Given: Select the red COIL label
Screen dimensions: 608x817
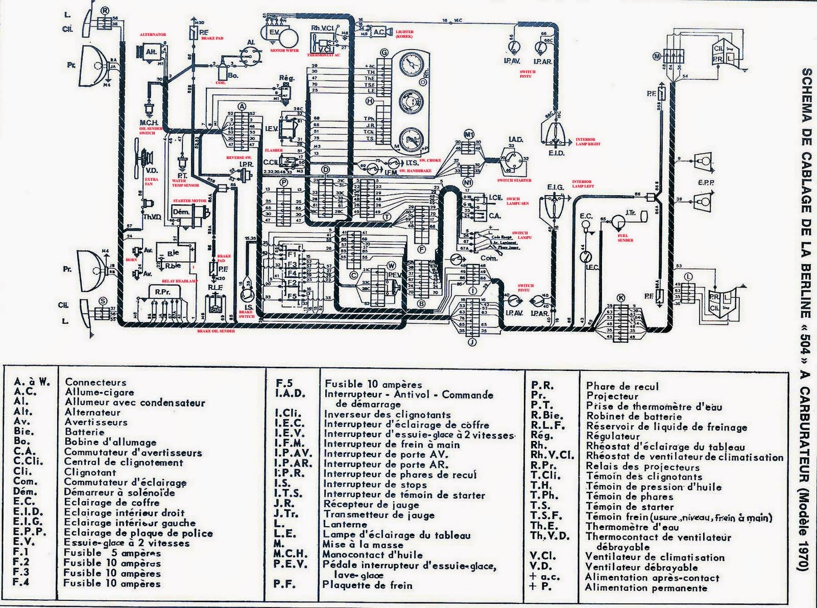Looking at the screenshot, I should point(221,82).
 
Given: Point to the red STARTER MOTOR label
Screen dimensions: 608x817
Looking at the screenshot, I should point(189,201).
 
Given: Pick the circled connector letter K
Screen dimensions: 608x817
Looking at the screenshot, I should point(621,298).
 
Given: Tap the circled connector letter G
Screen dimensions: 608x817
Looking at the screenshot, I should point(384,53).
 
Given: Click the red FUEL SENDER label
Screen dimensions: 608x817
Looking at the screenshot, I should point(626,238).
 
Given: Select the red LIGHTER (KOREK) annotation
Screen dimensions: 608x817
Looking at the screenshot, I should point(404,34).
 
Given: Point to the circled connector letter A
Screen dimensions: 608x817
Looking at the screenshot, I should point(242,106).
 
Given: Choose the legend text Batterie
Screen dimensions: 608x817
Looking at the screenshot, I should point(84,432).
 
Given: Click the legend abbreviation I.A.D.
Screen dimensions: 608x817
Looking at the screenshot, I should point(290,394).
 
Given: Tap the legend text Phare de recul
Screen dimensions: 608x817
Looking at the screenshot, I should point(622,386).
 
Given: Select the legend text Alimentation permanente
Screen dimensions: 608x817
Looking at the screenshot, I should point(646,588).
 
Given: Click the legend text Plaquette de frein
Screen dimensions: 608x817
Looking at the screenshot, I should point(368,585).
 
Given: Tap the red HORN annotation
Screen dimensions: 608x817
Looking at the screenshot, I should point(131,260).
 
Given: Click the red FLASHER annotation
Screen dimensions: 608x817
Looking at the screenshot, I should point(274,151).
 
